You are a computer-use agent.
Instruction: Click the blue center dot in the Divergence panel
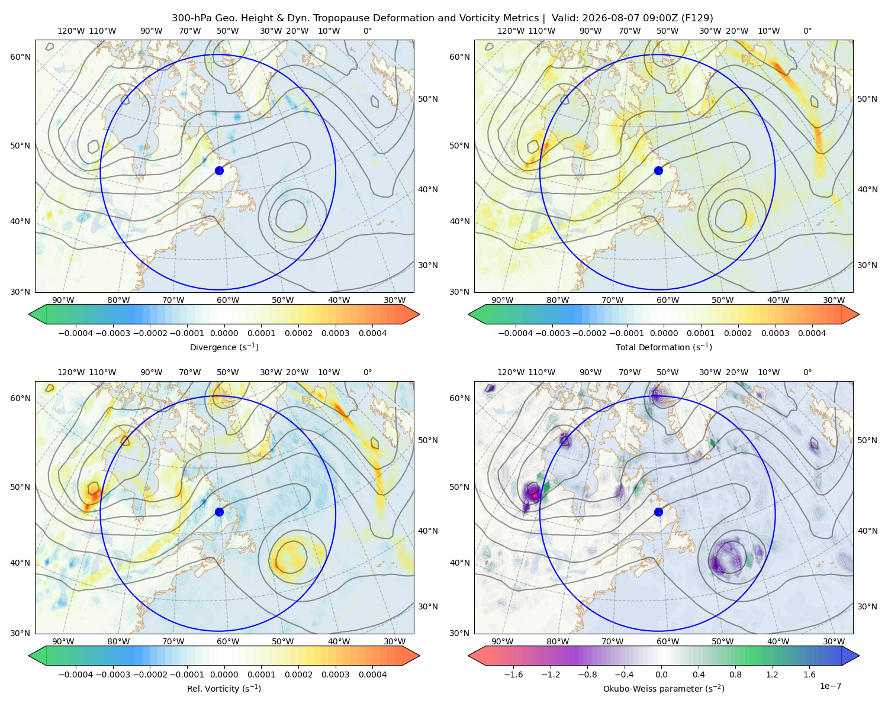point(219,170)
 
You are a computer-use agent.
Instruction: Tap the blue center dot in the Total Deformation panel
point(658,170)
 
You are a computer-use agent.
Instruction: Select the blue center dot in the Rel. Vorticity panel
point(219,512)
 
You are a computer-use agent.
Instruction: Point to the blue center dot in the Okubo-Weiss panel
point(658,512)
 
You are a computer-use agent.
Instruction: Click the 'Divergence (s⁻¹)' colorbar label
point(224,347)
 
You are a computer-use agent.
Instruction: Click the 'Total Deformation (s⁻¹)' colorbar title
point(664,347)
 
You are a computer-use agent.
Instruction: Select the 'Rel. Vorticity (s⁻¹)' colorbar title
point(224,688)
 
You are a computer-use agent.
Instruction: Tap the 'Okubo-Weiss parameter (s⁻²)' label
point(664,688)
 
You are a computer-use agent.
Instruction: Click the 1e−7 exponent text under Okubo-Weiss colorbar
point(830,686)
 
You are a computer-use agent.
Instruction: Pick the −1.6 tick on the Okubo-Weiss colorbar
point(513,674)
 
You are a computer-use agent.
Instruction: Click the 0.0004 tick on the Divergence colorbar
point(372,333)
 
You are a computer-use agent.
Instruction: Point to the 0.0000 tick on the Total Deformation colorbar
point(664,333)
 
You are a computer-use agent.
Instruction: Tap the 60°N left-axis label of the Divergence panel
point(20,57)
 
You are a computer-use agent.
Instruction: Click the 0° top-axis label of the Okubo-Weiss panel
point(807,372)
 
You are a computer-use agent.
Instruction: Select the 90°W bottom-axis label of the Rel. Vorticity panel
point(63,641)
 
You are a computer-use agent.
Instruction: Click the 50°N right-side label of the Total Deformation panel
point(867,99)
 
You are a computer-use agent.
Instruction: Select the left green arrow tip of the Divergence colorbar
point(29,314)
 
